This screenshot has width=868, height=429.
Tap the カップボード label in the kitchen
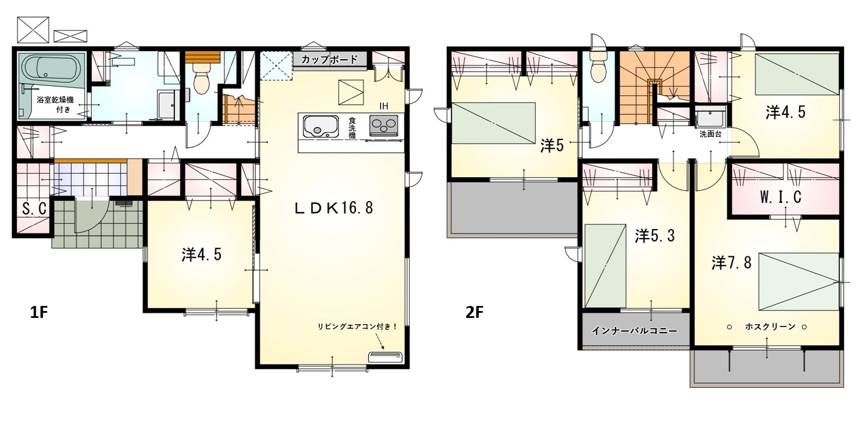329,60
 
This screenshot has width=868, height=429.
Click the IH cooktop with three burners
384,125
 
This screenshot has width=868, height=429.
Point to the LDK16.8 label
333,208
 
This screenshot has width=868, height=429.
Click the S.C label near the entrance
34,209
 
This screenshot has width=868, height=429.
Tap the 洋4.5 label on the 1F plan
202,255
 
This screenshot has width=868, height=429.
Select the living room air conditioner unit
385,357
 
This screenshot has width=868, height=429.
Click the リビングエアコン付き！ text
357,326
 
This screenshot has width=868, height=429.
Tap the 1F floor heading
39,312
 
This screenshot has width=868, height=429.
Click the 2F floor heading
474,312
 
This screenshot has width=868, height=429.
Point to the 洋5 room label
552,146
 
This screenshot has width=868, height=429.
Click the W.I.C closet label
780,197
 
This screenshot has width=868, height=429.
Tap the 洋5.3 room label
654,236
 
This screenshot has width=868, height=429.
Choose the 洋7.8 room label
731,263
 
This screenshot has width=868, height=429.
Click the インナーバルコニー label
634,331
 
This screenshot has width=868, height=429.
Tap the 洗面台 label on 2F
710,134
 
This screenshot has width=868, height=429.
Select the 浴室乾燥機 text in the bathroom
55,100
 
